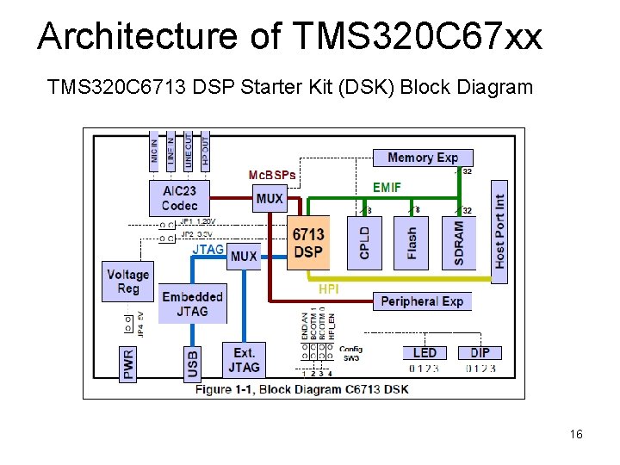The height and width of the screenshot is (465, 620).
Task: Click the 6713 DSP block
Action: pyautogui.click(x=307, y=243)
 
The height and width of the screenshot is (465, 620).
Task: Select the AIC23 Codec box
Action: pyautogui.click(x=179, y=198)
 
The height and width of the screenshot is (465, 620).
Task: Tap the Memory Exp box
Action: pyautogui.click(x=423, y=158)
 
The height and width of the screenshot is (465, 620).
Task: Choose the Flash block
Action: pyautogui.click(x=411, y=242)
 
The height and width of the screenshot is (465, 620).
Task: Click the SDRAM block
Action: pyautogui.click(x=458, y=242)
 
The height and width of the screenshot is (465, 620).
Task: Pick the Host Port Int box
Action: pyautogui.click(x=499, y=225)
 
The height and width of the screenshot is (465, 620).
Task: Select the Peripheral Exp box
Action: pyautogui.click(x=422, y=301)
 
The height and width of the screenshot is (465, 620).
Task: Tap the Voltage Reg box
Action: pyautogui.click(x=127, y=282)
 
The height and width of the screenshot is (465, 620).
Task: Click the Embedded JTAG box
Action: pyautogui.click(x=192, y=303)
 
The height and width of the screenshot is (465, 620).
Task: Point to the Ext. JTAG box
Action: pyautogui.click(x=244, y=360)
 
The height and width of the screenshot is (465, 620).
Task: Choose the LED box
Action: pyautogui.click(x=425, y=353)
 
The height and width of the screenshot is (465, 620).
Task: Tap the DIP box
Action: pyautogui.click(x=480, y=353)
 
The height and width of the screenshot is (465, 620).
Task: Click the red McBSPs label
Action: pyautogui.click(x=271, y=175)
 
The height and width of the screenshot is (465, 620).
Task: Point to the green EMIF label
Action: pyautogui.click(x=387, y=187)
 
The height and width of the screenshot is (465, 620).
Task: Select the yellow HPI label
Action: pyautogui.click(x=328, y=289)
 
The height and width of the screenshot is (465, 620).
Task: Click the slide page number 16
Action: pyautogui.click(x=576, y=434)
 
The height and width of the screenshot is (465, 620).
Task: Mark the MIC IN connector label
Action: pyautogui.click(x=154, y=152)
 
